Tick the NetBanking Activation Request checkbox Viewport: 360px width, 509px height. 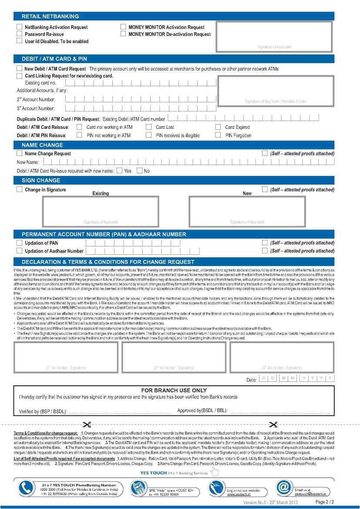point(19,27)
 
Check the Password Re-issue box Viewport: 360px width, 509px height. point(19,34)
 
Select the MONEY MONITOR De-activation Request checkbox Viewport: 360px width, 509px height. point(123,34)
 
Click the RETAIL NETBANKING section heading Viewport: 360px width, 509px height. point(50,16)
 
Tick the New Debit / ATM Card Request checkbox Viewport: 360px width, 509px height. point(19,69)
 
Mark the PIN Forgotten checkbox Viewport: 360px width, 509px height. point(218,135)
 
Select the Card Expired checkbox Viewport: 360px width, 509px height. point(218,127)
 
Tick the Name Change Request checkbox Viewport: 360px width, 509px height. point(19,153)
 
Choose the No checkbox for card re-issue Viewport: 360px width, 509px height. point(139,171)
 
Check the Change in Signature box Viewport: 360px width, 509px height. point(19,189)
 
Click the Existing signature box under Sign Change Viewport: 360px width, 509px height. point(101,212)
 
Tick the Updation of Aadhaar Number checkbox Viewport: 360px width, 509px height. point(19,251)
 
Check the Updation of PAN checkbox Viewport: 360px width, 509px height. point(19,243)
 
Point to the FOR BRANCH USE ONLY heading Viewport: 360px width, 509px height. point(174,391)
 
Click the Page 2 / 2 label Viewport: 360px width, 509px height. point(324,502)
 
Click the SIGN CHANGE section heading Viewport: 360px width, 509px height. point(41,180)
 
